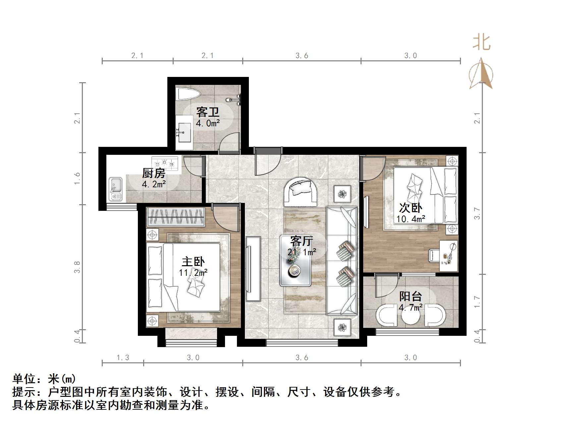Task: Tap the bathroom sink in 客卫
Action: [184, 132]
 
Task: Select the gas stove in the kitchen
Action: [165, 163]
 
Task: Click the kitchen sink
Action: [115, 189]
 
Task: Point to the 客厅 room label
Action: [301, 241]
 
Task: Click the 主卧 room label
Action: [193, 262]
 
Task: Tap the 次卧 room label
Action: [410, 208]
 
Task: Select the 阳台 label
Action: [411, 296]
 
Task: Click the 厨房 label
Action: [153, 173]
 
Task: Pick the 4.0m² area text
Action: [208, 124]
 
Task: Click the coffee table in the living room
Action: [295, 261]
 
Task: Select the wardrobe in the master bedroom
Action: [176, 217]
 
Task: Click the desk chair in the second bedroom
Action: [434, 255]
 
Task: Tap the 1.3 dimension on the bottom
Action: [123, 358]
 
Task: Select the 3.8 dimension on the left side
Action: [77, 267]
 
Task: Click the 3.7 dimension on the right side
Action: [477, 213]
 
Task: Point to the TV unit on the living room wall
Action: [253, 265]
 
